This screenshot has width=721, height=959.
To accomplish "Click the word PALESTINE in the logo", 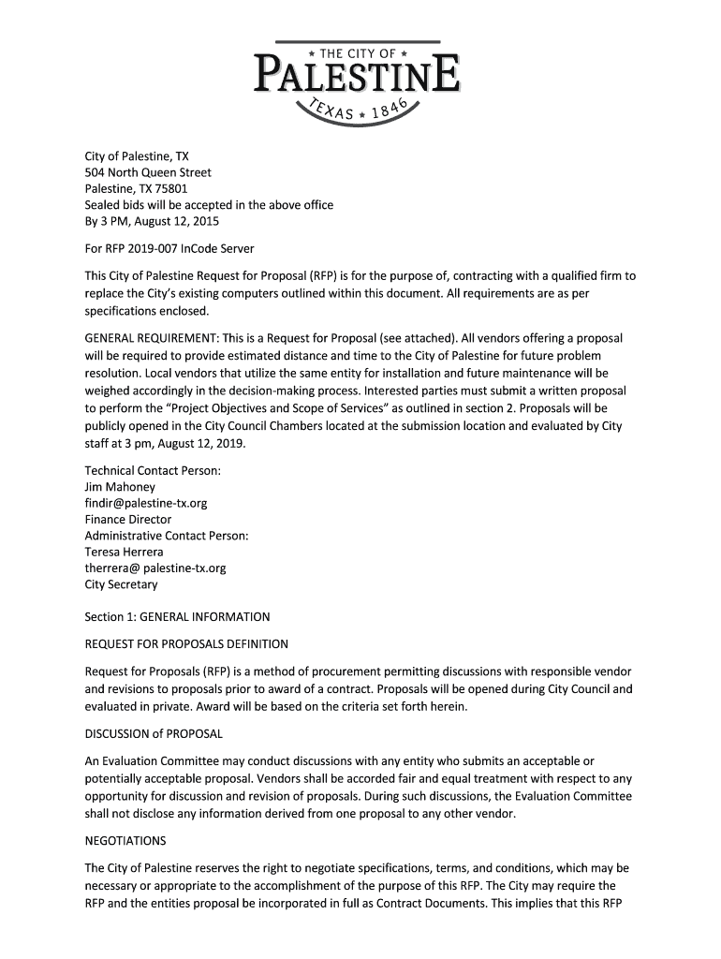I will tap(356, 75).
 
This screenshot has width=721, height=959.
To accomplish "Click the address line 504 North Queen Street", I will tap(148, 172).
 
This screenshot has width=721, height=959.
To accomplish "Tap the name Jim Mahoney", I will tap(120, 487).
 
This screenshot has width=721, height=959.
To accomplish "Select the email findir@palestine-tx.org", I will tap(146, 503).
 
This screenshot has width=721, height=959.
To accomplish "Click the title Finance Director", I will tap(128, 519).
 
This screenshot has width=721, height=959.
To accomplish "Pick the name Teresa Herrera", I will tap(124, 552).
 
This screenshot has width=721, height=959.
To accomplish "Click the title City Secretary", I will tap(121, 584).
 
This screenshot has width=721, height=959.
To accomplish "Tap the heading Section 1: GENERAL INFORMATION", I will tap(177, 617).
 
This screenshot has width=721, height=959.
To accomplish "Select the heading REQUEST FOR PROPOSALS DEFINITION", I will tap(186, 644).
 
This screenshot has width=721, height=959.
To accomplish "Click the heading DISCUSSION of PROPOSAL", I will tap(154, 732).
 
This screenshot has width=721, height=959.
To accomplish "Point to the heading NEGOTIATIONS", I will tap(125, 840).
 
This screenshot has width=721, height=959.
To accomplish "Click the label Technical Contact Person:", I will tap(153, 470).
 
